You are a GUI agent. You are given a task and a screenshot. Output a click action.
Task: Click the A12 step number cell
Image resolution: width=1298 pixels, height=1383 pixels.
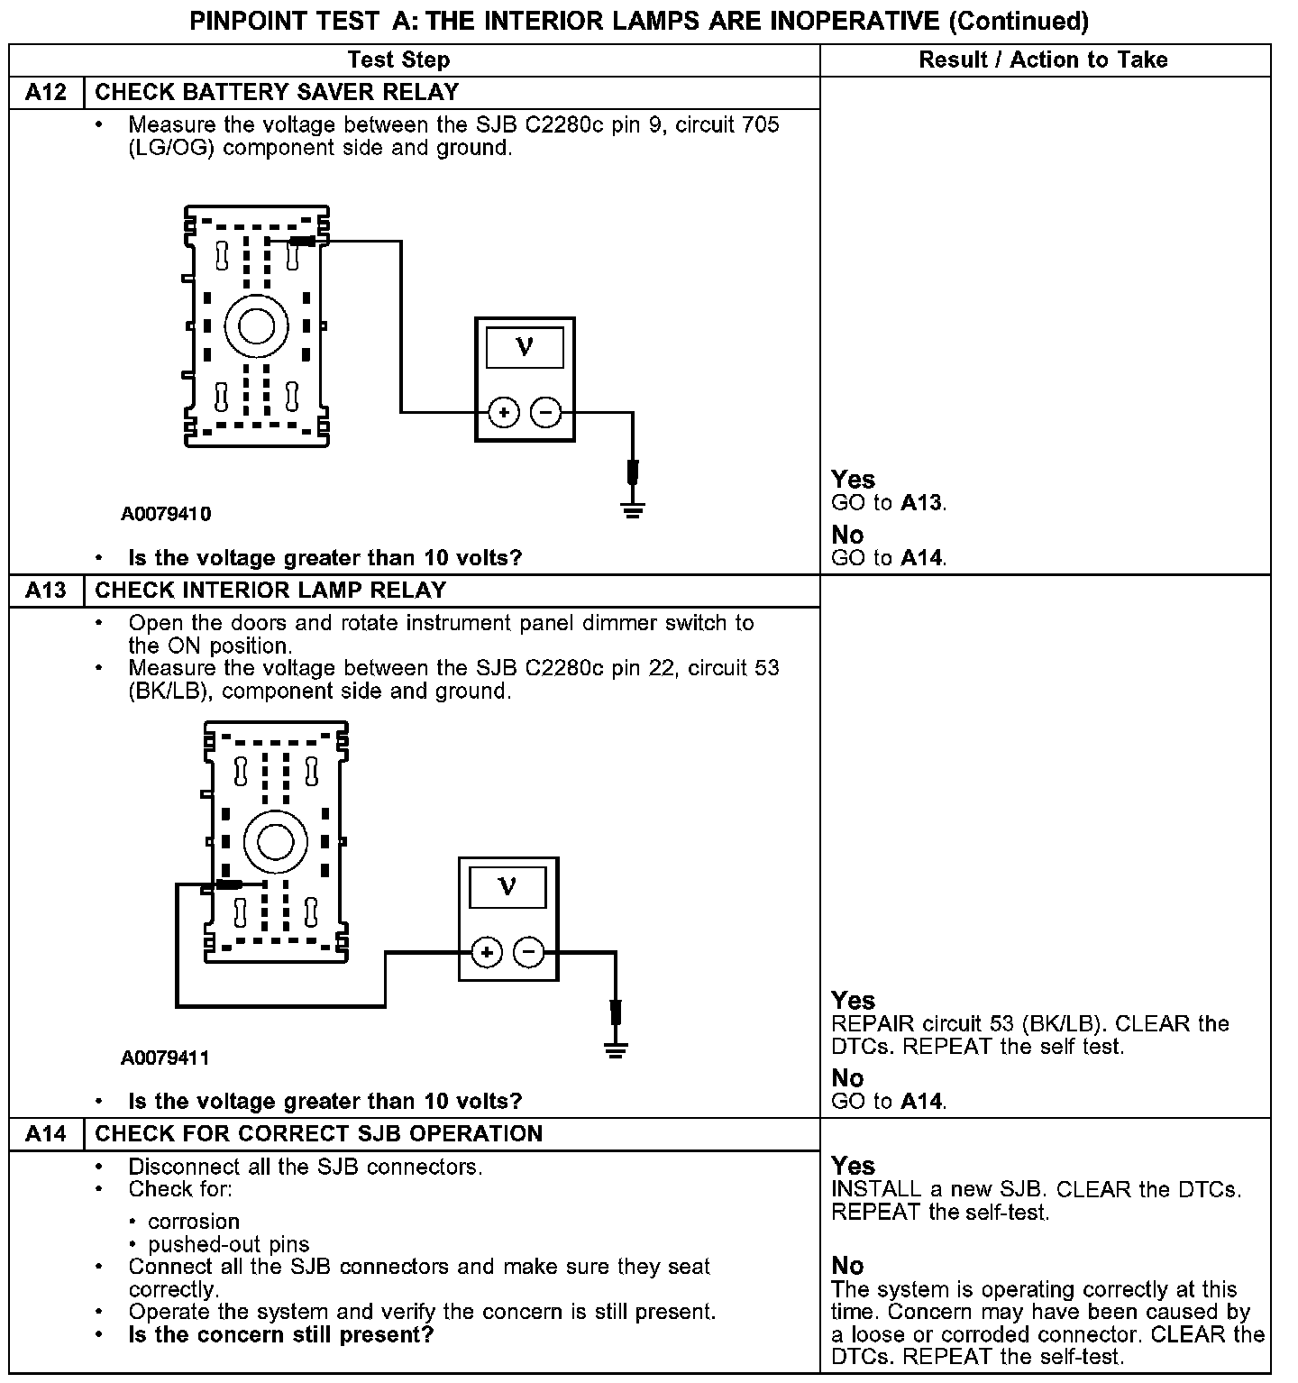click(x=46, y=93)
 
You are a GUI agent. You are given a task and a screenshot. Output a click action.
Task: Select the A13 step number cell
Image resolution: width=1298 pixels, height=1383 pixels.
click(x=46, y=591)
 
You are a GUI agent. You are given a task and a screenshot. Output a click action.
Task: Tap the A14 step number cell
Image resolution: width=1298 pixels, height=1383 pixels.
click(x=46, y=1134)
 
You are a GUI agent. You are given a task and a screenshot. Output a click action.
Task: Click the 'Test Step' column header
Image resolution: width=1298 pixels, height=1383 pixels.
click(x=398, y=60)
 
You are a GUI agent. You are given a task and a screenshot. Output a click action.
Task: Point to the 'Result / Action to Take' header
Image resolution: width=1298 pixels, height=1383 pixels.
click(x=1043, y=60)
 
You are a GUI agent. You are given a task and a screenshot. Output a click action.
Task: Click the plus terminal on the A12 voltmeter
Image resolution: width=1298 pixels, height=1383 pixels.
click(x=504, y=413)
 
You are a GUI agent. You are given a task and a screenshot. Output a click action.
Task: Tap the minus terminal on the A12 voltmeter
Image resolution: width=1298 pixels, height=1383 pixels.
click(x=545, y=413)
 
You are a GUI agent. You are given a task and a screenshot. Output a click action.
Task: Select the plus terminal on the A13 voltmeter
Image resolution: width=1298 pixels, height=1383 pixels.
click(x=487, y=952)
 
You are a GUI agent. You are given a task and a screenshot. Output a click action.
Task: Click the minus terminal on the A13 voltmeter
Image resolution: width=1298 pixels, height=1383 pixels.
click(x=529, y=952)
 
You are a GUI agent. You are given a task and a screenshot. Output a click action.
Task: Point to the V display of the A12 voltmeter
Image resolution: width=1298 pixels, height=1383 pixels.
click(x=525, y=347)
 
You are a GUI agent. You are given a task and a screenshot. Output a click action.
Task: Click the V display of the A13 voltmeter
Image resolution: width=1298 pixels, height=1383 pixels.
click(x=507, y=887)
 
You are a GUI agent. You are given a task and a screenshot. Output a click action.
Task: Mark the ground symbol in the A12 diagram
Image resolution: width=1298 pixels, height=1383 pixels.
click(x=633, y=511)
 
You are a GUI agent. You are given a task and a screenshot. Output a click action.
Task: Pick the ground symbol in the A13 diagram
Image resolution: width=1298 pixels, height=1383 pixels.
click(x=616, y=1049)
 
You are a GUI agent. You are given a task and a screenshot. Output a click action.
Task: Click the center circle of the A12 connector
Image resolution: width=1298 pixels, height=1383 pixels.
click(x=256, y=325)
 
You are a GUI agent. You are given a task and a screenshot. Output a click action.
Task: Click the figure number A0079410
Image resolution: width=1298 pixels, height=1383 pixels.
click(x=166, y=514)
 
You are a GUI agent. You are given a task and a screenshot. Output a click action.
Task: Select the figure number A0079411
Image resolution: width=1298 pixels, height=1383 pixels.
click(x=166, y=1058)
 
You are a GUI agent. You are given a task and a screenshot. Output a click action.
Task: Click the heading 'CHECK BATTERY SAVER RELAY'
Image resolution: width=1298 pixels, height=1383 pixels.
click(x=277, y=93)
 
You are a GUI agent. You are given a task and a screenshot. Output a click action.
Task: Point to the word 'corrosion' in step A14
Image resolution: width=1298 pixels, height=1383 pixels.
click(x=194, y=1222)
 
